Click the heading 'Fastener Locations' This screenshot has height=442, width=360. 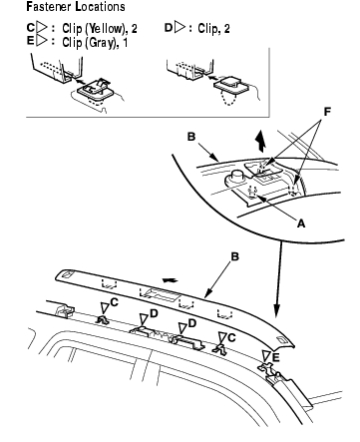pyautogui.click(x=76, y=7)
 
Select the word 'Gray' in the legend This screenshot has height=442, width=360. pyautogui.click(x=101, y=43)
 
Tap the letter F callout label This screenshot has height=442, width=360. pyautogui.click(x=327, y=112)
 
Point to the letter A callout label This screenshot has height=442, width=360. pyautogui.click(x=301, y=223)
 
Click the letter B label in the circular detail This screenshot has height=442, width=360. pyautogui.click(x=191, y=137)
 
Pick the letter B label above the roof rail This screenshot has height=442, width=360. pyautogui.click(x=234, y=256)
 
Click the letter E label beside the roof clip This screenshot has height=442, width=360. pyautogui.click(x=276, y=357)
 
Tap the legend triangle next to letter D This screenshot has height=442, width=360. pyautogui.click(x=180, y=28)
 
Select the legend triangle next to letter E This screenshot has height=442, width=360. pyautogui.click(x=41, y=41)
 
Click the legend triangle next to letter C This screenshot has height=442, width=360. pyautogui.click(x=41, y=28)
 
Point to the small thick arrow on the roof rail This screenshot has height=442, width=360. pyautogui.click(x=170, y=280)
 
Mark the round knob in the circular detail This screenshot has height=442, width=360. pyautogui.click(x=235, y=178)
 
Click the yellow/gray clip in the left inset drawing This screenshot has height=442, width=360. pyautogui.click(x=96, y=88)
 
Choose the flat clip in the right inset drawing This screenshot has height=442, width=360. pyautogui.click(x=231, y=84)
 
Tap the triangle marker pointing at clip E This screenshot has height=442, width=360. pyautogui.click(x=266, y=356)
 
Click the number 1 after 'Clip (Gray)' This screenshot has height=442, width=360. pyautogui.click(x=125, y=43)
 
